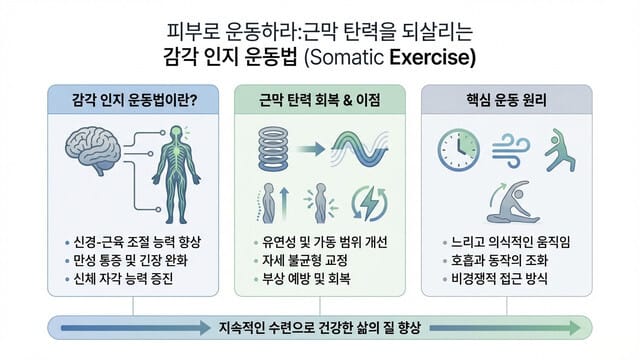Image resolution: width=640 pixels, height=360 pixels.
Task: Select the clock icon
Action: tap(459, 148)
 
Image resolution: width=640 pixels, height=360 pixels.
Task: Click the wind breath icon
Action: tap(511, 148)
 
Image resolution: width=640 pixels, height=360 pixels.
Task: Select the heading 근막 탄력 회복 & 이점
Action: tap(319, 100)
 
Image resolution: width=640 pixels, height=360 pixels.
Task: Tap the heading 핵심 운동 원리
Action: tap(513, 100)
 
